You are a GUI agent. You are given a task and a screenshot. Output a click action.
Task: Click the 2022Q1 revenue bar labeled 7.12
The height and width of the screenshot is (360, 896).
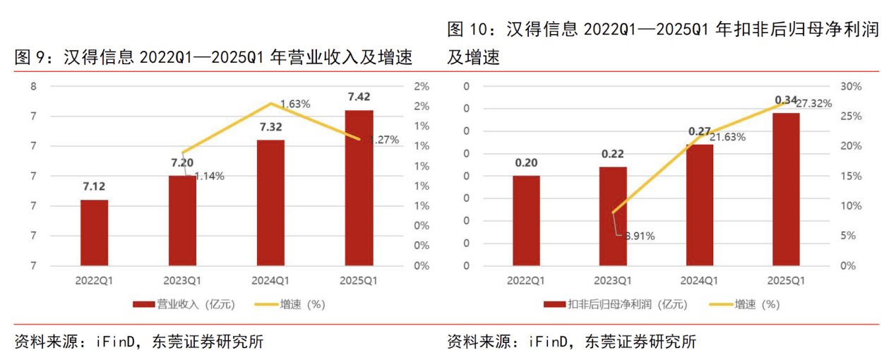pos(94,233)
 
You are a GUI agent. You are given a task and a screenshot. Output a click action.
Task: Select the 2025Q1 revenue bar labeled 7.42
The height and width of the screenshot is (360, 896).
pos(359,188)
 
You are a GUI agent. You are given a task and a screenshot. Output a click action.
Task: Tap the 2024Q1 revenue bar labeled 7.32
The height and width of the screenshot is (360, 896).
pos(270,203)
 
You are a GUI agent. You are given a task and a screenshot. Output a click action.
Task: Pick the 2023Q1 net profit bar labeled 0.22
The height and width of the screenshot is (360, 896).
pos(613,216)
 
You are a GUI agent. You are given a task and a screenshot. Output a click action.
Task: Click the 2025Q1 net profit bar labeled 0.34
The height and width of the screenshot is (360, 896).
pos(786,189)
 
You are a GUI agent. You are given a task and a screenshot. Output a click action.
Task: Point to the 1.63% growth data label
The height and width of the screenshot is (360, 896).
pos(295,104)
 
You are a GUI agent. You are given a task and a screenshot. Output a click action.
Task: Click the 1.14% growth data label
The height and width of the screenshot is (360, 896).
pos(209,176)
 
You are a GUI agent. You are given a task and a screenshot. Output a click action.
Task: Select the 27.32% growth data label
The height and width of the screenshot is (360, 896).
pos(814,103)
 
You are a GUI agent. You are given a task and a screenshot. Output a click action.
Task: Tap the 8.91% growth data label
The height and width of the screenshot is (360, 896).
pos(638,236)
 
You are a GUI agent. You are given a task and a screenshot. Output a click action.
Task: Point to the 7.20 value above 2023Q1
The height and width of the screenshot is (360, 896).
pos(182,162)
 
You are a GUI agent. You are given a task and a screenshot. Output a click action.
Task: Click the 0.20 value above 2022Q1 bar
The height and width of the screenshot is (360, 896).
pos(526,162)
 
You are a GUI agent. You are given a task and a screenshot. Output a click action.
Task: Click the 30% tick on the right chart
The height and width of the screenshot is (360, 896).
pos(852,86)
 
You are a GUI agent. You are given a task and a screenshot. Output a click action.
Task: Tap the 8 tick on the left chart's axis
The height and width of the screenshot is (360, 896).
pos(34,86)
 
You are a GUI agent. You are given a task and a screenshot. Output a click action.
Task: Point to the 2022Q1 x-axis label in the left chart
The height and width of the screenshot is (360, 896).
pos(94,281)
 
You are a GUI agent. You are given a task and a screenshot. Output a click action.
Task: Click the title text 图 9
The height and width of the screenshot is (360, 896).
pos(29,57)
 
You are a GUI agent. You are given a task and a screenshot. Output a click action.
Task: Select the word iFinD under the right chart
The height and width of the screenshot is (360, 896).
pos(548,342)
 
